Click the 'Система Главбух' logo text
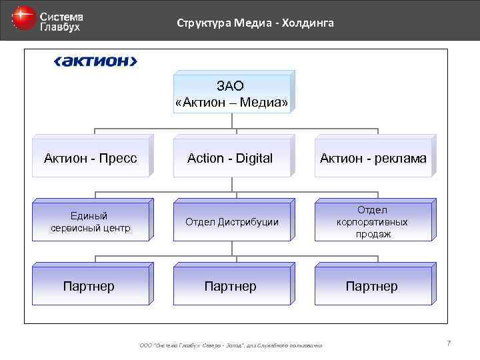61,21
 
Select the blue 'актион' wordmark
95,62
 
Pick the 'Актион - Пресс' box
91,158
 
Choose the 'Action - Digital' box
231,158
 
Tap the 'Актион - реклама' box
373,158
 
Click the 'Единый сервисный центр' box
91,221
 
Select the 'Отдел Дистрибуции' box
231,221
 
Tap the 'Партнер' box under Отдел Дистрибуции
231,286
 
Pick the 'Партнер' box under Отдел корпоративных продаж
371,286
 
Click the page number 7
449,343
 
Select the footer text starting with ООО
231,345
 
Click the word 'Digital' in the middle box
252,158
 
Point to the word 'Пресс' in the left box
120,158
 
